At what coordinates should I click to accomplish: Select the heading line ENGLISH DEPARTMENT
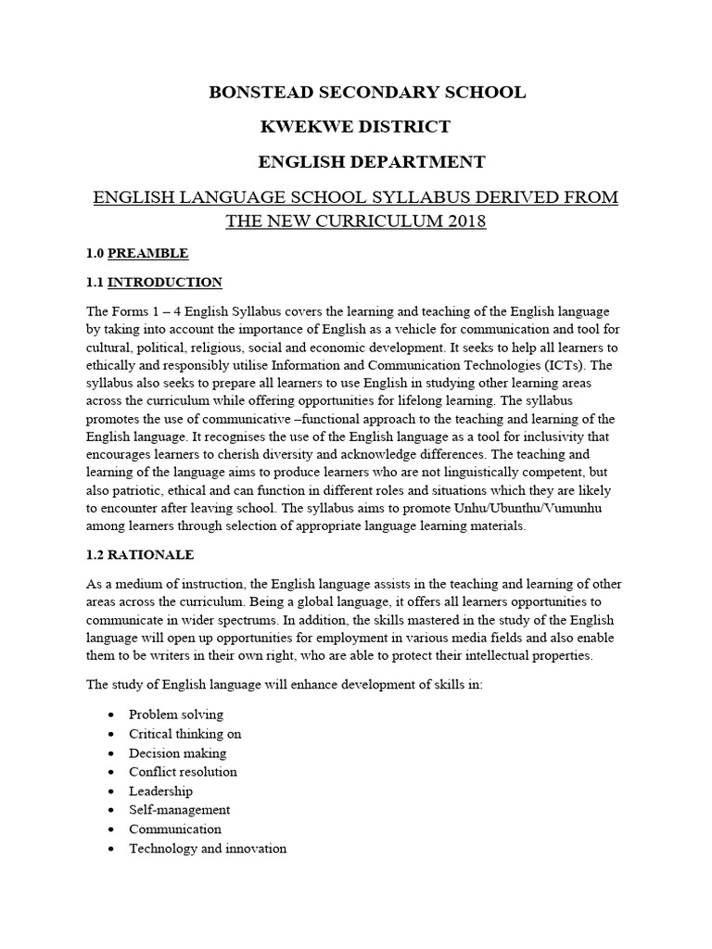[x=371, y=162]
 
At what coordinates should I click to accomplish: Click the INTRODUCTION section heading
[x=165, y=282]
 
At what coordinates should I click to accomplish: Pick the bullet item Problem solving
[x=175, y=715]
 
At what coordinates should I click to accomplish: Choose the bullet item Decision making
[x=177, y=753]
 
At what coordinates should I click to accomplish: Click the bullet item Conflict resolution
[x=183, y=772]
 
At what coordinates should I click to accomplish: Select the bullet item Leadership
[x=160, y=791]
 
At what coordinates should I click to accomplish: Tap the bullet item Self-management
[x=179, y=810]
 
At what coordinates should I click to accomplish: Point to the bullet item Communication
[x=175, y=829]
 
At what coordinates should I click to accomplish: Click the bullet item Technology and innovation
[x=208, y=848]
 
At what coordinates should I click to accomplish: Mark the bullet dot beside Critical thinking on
[x=111, y=734]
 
